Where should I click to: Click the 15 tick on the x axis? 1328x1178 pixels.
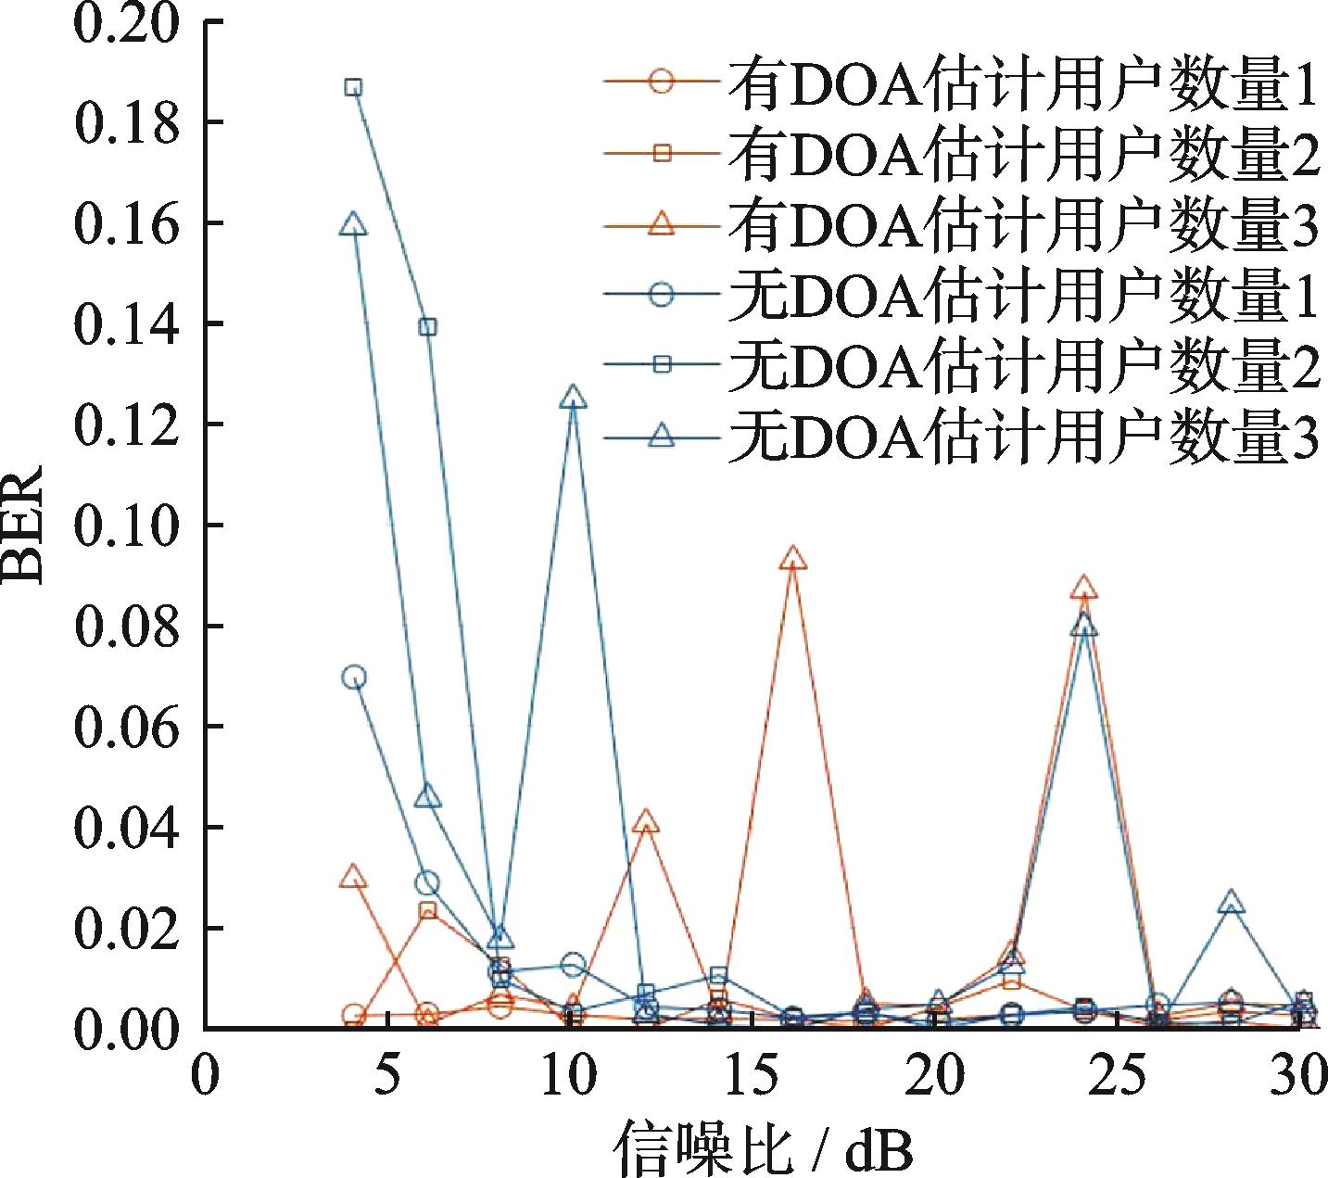(753, 1075)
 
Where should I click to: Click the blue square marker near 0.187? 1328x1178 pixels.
(353, 88)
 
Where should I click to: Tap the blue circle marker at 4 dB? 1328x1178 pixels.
(353, 678)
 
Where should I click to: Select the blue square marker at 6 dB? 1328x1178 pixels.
(427, 326)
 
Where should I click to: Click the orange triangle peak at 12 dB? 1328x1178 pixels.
(647, 822)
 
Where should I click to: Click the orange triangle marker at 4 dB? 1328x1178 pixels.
(353, 877)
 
